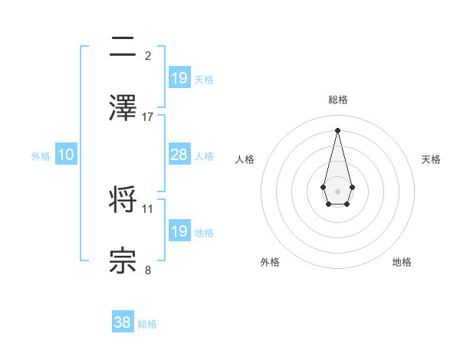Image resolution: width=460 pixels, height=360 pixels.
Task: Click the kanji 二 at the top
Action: coord(123,47)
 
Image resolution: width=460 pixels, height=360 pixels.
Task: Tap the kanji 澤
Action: coord(123,108)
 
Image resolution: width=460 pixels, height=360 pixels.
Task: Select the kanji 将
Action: coord(123,200)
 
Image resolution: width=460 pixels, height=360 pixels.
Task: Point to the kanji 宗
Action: coord(123,261)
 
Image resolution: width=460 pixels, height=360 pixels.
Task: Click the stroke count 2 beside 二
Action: coord(148,56)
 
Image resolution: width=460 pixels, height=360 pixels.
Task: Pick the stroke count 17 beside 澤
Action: coord(148,116)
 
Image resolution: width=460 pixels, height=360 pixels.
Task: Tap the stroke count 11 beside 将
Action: coord(148,208)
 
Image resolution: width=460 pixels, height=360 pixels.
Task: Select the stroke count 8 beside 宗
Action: coord(148,270)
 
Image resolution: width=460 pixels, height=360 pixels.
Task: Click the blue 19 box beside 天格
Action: coord(179,78)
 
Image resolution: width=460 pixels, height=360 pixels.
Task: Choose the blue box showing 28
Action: coord(179,155)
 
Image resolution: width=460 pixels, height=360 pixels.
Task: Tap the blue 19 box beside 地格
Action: coord(179,231)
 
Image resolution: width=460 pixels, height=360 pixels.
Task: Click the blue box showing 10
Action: coord(66,155)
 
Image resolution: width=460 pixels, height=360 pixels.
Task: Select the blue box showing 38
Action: coord(123,322)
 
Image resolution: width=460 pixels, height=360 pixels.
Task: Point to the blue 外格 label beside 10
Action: coord(41,156)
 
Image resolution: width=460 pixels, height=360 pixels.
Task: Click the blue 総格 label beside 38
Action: coord(147,324)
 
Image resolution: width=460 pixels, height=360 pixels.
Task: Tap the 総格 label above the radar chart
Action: coord(337,100)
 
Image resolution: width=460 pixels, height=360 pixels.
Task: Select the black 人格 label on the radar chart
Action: coord(245,159)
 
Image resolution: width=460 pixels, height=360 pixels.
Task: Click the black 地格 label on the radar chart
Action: coord(402,262)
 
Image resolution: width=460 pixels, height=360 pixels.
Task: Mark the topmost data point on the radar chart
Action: coord(337,129)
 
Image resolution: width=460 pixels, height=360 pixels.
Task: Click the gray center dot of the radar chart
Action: coord(337,190)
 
